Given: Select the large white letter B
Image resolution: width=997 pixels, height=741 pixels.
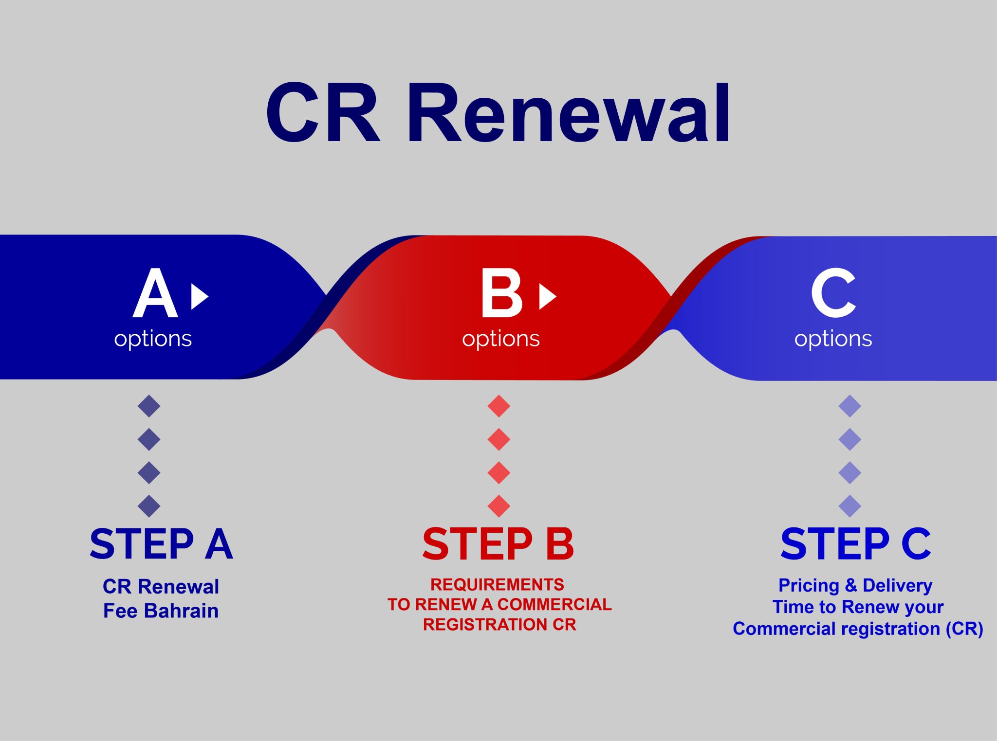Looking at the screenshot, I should click(x=501, y=293).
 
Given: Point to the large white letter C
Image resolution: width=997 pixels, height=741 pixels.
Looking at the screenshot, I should click(x=833, y=293).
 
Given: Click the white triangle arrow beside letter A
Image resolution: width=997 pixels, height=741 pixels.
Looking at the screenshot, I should click(x=199, y=296).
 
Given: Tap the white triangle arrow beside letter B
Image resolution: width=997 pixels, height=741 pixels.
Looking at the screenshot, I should click(x=547, y=296).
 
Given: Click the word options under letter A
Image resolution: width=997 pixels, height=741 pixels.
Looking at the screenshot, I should click(x=153, y=339).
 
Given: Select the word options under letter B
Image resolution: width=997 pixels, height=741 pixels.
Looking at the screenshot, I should click(x=500, y=339).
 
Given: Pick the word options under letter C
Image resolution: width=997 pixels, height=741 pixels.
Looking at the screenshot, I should click(x=833, y=339).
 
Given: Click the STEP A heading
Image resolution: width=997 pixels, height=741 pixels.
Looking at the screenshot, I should click(x=161, y=544).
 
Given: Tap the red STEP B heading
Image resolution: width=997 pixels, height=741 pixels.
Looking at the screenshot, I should click(x=498, y=544).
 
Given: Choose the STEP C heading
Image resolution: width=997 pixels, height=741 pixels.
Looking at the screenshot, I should click(x=855, y=544).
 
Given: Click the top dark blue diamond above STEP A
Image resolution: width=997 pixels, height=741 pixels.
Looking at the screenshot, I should click(x=149, y=406).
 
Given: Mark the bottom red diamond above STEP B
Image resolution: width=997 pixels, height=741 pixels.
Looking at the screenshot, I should click(x=498, y=506).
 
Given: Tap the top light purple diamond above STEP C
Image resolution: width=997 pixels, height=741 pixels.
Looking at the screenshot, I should click(x=849, y=406).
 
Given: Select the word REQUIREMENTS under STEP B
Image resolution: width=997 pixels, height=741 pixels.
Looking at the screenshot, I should click(x=497, y=584).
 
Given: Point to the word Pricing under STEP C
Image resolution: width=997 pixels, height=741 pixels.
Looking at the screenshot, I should click(x=809, y=585).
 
